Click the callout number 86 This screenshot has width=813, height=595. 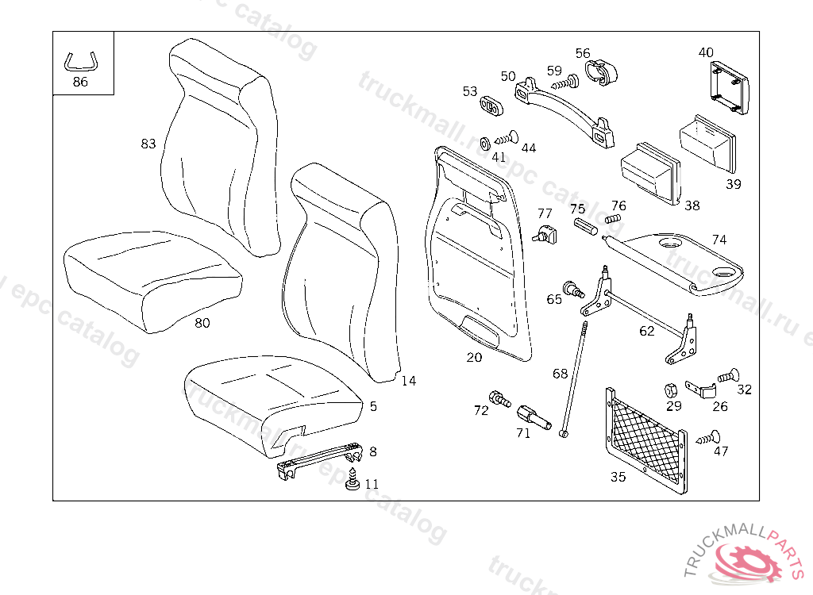point(80,82)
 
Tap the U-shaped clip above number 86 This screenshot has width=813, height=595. point(82,61)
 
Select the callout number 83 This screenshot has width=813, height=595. point(148,144)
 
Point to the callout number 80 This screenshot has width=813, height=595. point(202,323)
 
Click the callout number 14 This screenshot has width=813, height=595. point(408,381)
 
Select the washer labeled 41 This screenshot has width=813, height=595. point(484,144)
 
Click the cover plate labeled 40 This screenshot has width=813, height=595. point(728,86)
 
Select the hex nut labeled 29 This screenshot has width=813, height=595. point(669,390)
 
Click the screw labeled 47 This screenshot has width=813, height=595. point(708,436)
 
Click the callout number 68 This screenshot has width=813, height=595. point(561,373)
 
